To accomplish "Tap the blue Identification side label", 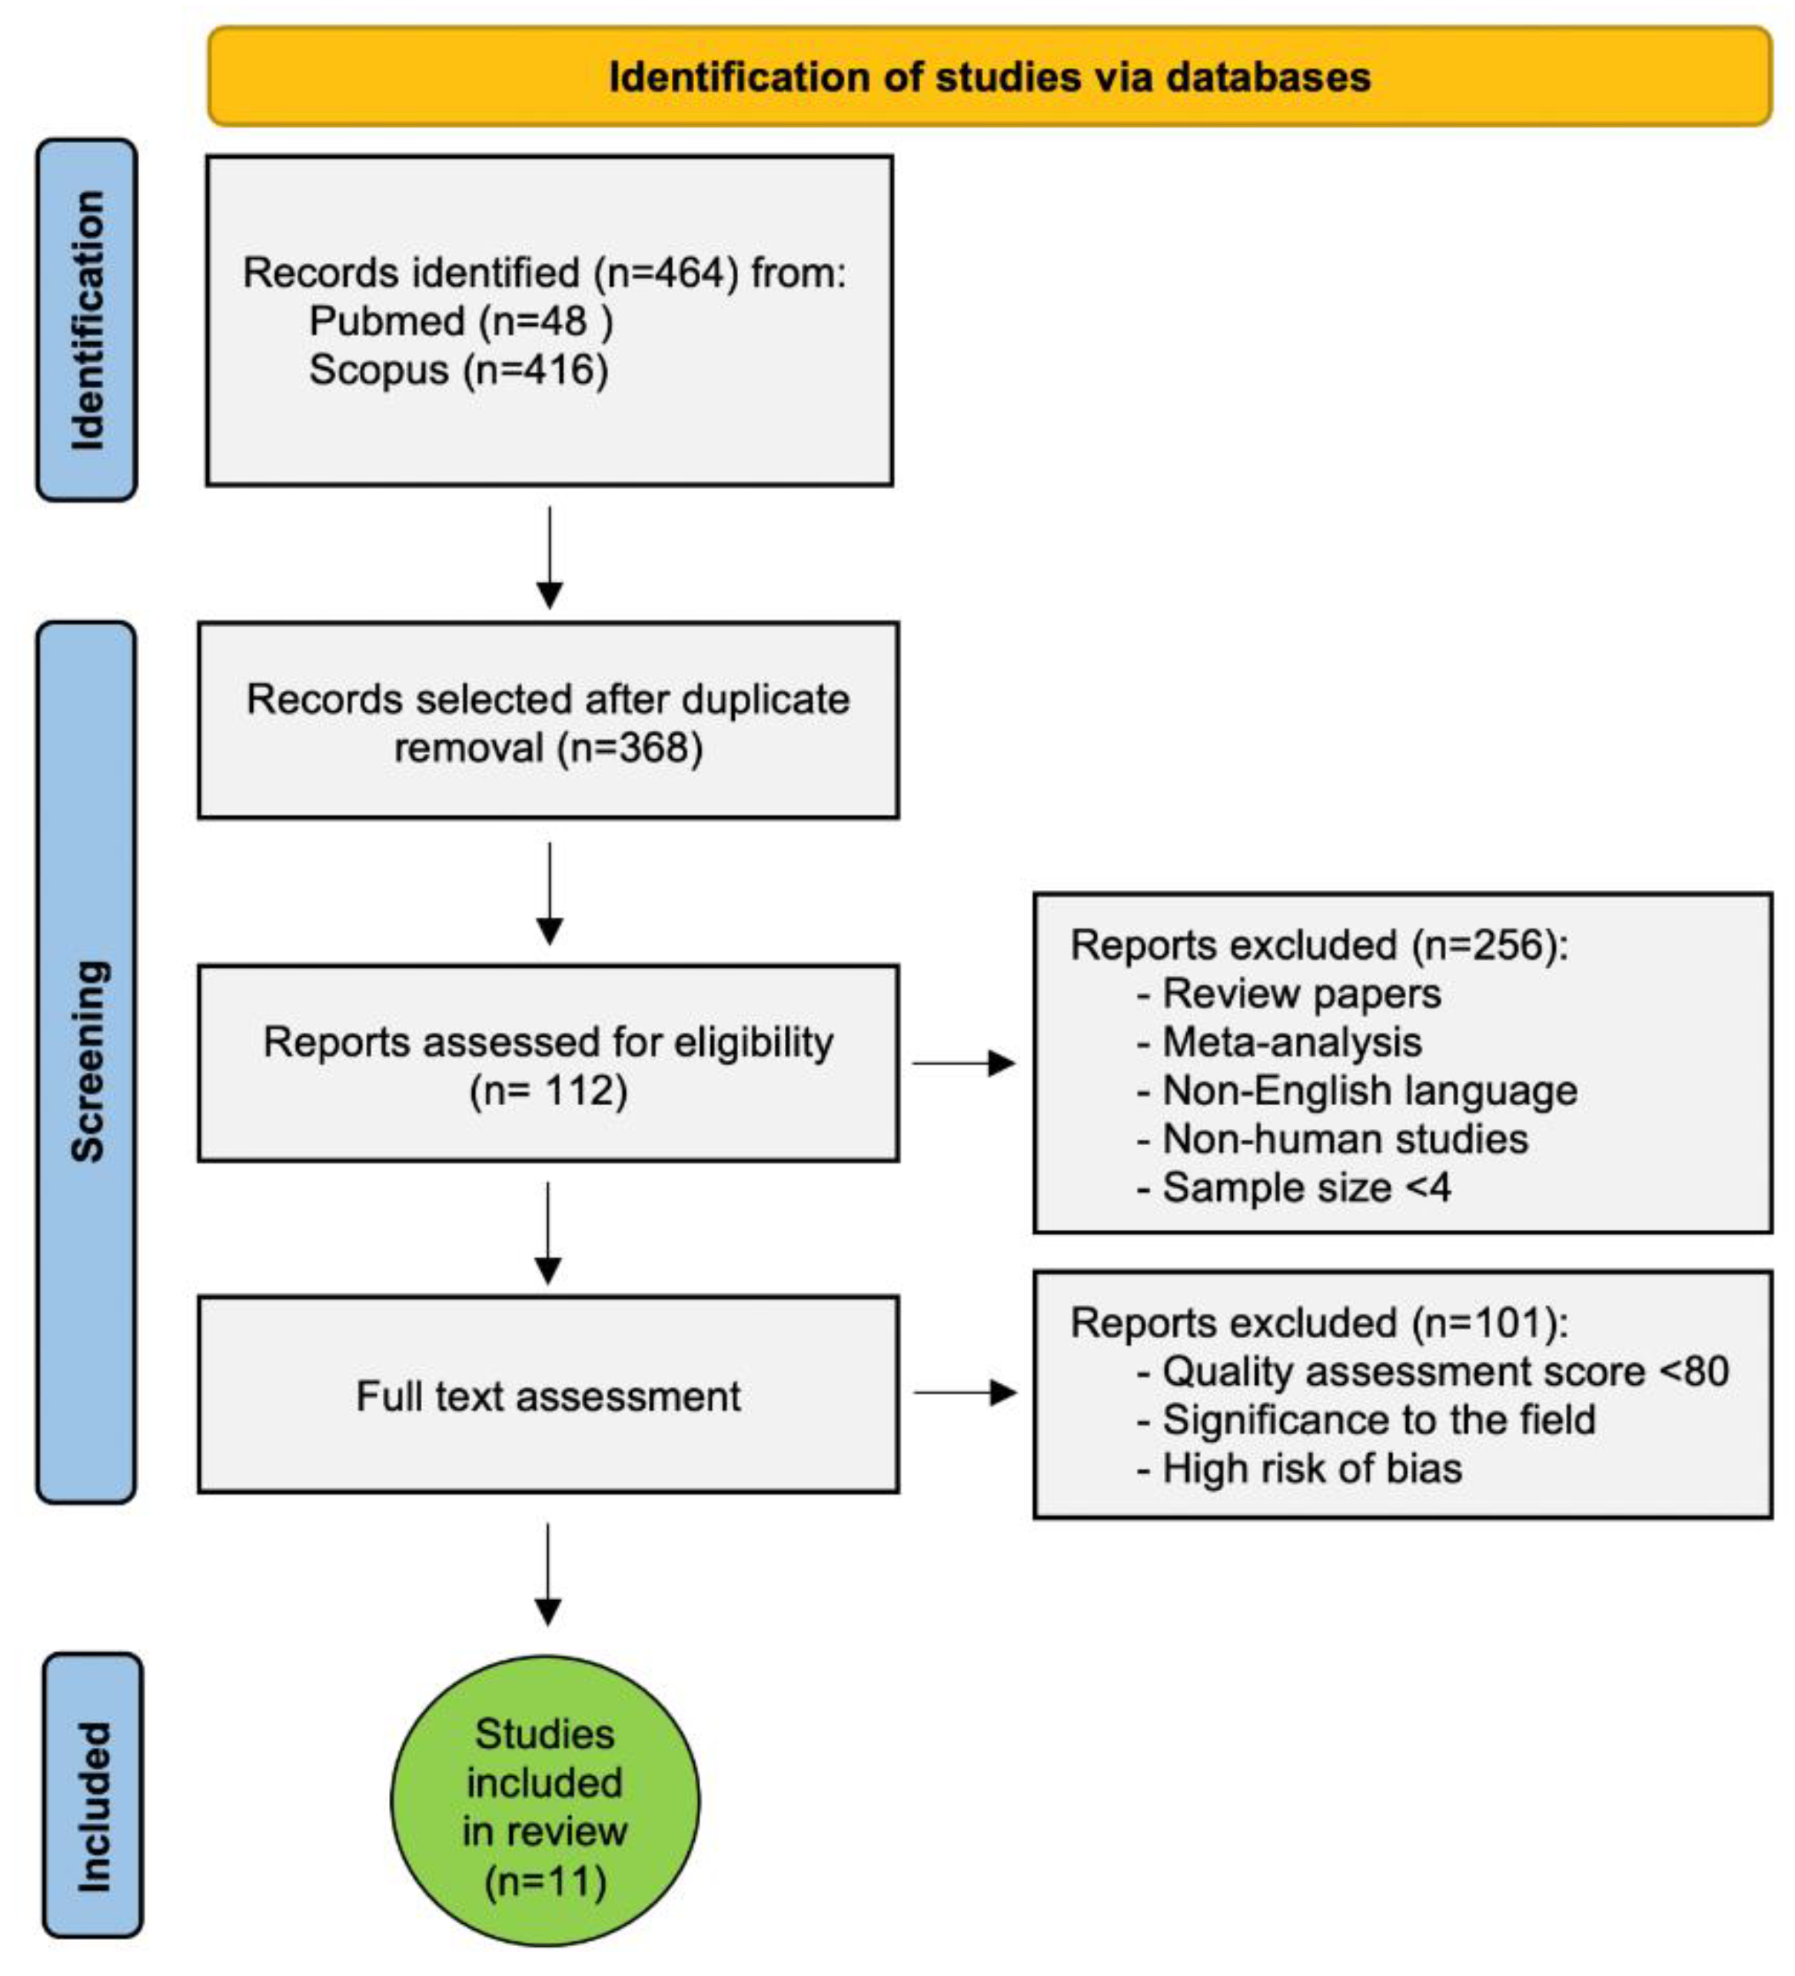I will click(x=86, y=320).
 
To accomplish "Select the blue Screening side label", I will click(x=86, y=1061).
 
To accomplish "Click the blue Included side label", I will click(x=93, y=1806).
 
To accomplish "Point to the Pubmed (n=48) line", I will click(x=460, y=321).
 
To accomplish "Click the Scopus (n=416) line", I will click(x=459, y=370).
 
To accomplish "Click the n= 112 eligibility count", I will click(x=549, y=1090).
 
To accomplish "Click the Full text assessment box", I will click(x=548, y=1396).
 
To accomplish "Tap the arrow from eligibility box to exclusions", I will click(x=964, y=1062).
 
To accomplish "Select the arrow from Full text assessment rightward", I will click(x=964, y=1392).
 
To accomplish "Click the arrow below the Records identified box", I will click(x=549, y=558).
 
